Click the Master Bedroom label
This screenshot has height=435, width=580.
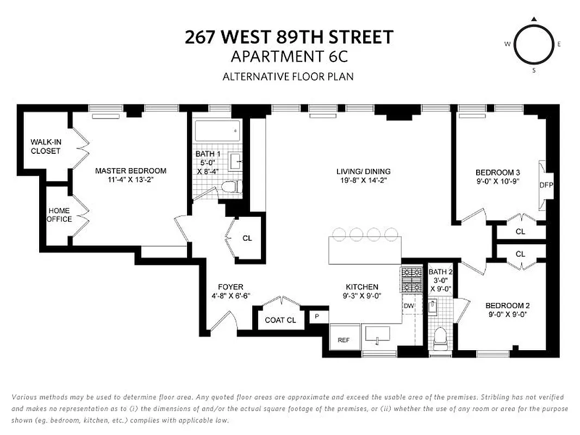[x=130, y=171]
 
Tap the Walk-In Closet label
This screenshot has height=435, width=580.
[x=46, y=146]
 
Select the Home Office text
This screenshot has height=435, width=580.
[x=59, y=215]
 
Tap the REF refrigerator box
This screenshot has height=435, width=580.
[x=344, y=340]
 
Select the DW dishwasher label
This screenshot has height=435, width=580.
[x=409, y=306]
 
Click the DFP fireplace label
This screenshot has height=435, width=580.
[x=546, y=185]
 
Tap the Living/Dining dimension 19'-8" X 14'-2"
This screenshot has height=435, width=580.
[x=363, y=182]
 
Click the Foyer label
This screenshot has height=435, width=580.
[x=230, y=287]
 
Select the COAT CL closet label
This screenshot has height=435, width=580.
[x=280, y=320]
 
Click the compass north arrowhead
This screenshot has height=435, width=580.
[x=534, y=19]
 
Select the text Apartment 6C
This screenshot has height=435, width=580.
[x=288, y=56]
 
